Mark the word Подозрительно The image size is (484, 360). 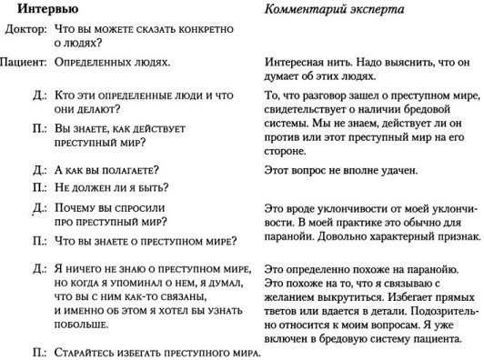pyautogui.click(x=427, y=300)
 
